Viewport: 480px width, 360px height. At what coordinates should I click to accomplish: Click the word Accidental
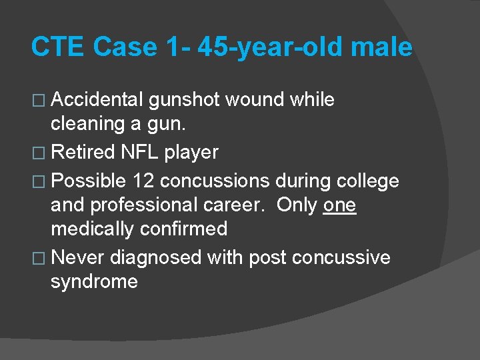[x=97, y=100]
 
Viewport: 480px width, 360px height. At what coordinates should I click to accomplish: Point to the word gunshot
[x=185, y=100]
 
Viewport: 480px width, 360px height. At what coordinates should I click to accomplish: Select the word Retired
[x=83, y=153]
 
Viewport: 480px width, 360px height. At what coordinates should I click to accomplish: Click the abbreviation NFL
[x=140, y=153]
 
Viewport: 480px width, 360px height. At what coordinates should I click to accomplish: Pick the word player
[x=191, y=153]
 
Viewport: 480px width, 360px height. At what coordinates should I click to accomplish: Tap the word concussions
[x=215, y=181]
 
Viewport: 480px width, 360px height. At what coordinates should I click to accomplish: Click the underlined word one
[x=339, y=205]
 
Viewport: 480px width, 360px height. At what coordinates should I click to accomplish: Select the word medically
[x=93, y=229]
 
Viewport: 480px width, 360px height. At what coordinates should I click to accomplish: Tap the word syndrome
[x=94, y=282]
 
